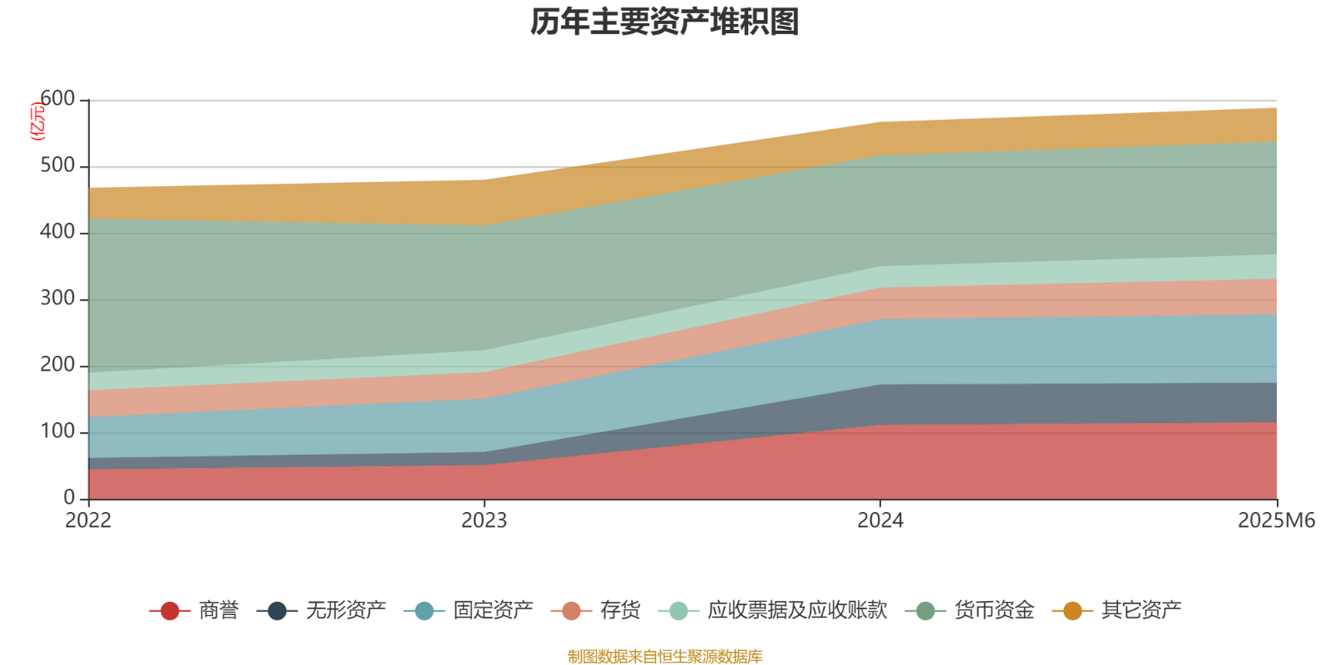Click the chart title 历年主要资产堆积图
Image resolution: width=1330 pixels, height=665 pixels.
click(x=665, y=22)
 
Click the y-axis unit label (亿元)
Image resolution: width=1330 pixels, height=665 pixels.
click(x=37, y=121)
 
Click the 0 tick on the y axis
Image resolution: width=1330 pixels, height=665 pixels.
click(x=69, y=498)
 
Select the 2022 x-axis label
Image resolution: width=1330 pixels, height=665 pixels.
click(x=88, y=521)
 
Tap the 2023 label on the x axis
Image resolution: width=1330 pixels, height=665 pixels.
click(x=484, y=521)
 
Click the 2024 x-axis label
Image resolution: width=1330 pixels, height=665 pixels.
click(x=880, y=521)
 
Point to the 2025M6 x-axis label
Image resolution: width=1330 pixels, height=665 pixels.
click(x=1276, y=521)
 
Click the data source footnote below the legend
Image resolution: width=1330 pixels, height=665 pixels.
click(x=665, y=657)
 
